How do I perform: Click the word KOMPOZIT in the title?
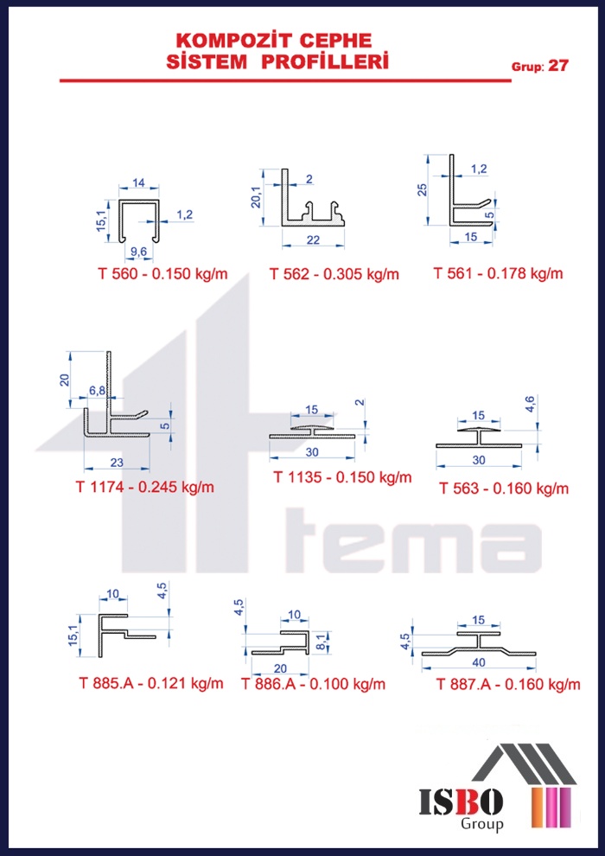(x=239, y=40)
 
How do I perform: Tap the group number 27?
(x=558, y=66)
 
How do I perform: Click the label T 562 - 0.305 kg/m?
(x=334, y=273)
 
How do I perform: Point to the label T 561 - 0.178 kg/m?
(x=498, y=272)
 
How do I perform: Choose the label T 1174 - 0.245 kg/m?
(x=144, y=486)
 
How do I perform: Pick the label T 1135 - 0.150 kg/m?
(x=342, y=476)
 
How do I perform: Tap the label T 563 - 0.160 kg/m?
(x=504, y=488)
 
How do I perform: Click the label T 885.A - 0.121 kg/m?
(x=151, y=682)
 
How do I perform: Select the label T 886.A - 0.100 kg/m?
(x=313, y=683)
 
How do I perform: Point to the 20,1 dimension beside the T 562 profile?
(x=255, y=197)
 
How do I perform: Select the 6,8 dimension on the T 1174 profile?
(x=97, y=390)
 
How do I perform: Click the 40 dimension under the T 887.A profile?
(x=479, y=662)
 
